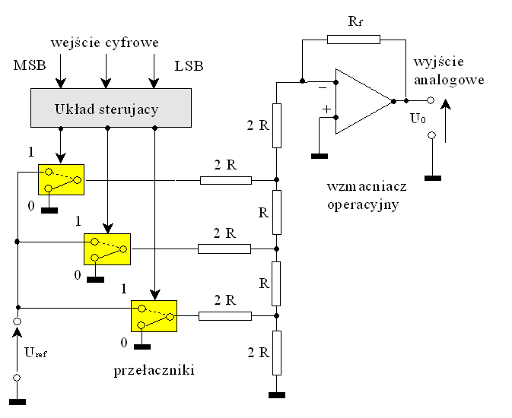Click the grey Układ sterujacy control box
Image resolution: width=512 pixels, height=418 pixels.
[107, 109]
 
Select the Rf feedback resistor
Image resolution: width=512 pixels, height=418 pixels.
[353, 40]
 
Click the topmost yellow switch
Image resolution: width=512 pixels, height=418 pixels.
[61, 179]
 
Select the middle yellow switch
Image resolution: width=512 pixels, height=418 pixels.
[107, 249]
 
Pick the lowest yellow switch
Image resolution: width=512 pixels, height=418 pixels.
[154, 315]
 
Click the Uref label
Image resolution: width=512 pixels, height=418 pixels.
[35, 352]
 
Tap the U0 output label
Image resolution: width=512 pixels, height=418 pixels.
[418, 119]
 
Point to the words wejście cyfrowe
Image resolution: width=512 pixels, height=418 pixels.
[104, 42]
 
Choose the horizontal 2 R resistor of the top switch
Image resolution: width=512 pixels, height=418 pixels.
[225, 180]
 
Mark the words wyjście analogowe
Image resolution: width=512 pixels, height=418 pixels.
[450, 69]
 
